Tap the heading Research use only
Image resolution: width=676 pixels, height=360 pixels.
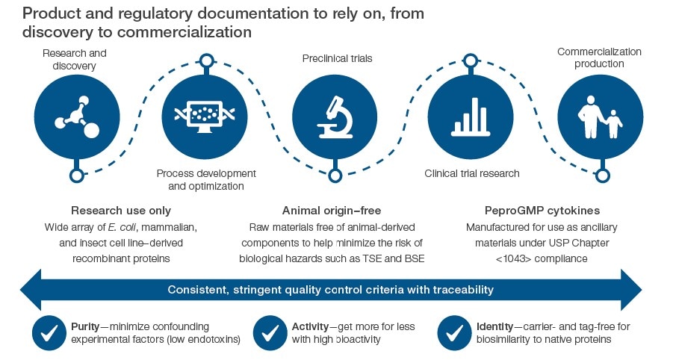point(121,211)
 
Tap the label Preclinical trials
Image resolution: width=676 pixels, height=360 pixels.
point(337,58)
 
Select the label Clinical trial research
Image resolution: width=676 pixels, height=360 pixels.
point(472,173)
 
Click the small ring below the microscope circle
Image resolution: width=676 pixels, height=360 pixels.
point(335,176)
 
